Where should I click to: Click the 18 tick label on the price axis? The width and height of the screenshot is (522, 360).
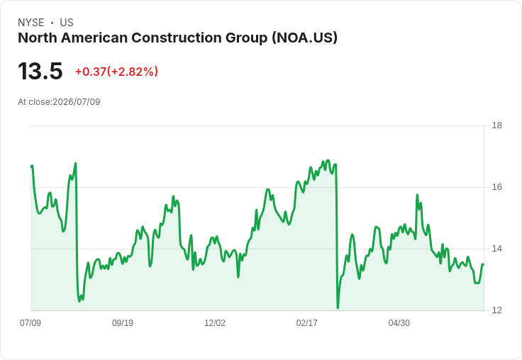(496, 125)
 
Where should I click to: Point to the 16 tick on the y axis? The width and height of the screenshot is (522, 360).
(496, 187)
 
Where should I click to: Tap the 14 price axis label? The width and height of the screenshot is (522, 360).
(496, 249)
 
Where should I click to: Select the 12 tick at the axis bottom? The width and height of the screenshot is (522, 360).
(496, 310)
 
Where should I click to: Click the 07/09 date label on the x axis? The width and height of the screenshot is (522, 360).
(30, 322)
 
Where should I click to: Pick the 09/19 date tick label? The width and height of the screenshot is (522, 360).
(123, 322)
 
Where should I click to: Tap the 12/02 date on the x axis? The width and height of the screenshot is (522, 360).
(215, 322)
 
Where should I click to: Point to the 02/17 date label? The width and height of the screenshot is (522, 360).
(307, 322)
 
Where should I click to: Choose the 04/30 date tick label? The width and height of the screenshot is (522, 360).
(399, 322)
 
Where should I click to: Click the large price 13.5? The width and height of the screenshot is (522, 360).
(40, 71)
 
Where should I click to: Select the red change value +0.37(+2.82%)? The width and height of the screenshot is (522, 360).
(116, 72)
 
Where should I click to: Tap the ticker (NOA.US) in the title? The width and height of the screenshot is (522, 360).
(304, 38)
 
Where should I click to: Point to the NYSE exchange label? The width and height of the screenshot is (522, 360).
(31, 23)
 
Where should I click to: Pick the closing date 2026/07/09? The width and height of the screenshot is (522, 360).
(77, 102)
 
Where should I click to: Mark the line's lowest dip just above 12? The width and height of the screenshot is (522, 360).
(338, 308)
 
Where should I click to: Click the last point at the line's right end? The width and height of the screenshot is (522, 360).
(483, 264)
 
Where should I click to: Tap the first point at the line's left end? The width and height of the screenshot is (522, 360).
(31, 167)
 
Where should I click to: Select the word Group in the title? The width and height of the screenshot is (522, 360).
(247, 38)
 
